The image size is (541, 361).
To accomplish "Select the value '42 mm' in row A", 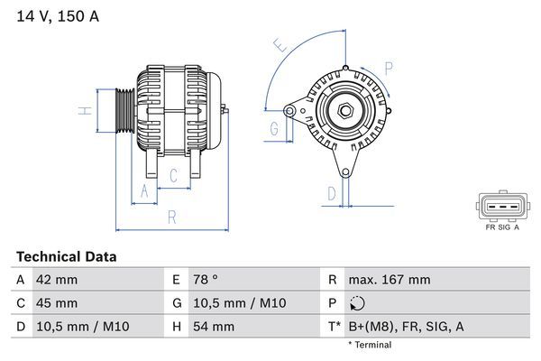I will pyautogui.click(x=56, y=280).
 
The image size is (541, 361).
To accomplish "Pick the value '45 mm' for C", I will pyautogui.click(x=56, y=303).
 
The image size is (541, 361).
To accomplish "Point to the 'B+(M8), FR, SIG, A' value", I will pyautogui.click(x=406, y=327).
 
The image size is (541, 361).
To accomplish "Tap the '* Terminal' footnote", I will pyautogui.click(x=370, y=345).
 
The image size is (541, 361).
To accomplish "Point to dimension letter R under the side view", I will pyautogui.click(x=171, y=216).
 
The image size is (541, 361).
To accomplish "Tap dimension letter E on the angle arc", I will pyautogui.click(x=280, y=44).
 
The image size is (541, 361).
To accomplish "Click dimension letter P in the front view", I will pyautogui.click(x=388, y=67).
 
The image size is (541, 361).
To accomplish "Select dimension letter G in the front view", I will pyautogui.click(x=273, y=129).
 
